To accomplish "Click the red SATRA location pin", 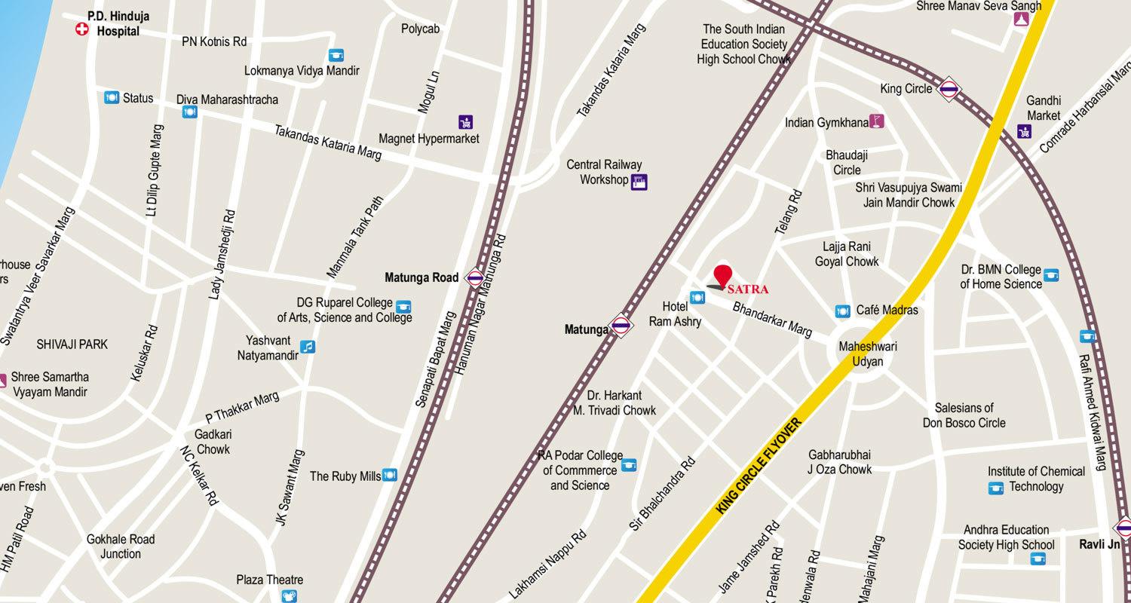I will click(722, 276).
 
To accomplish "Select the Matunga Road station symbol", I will click(475, 278).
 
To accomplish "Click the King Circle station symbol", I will click(949, 90).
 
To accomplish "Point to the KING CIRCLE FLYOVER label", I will click(759, 468).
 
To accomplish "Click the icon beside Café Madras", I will click(843, 311).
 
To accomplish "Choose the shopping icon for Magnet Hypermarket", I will click(466, 121).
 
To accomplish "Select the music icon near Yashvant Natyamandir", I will click(307, 347).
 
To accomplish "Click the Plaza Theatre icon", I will click(289, 596).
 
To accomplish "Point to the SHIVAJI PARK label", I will click(72, 344).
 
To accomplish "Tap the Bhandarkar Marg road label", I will click(771, 320).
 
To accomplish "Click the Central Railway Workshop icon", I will click(639, 181).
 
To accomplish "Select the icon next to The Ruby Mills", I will click(390, 475).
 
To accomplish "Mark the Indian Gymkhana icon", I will click(875, 121).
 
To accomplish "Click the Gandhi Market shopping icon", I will click(1024, 131).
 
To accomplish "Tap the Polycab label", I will click(420, 29).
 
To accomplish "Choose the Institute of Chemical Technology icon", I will click(996, 488).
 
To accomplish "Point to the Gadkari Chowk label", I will click(213, 442).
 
